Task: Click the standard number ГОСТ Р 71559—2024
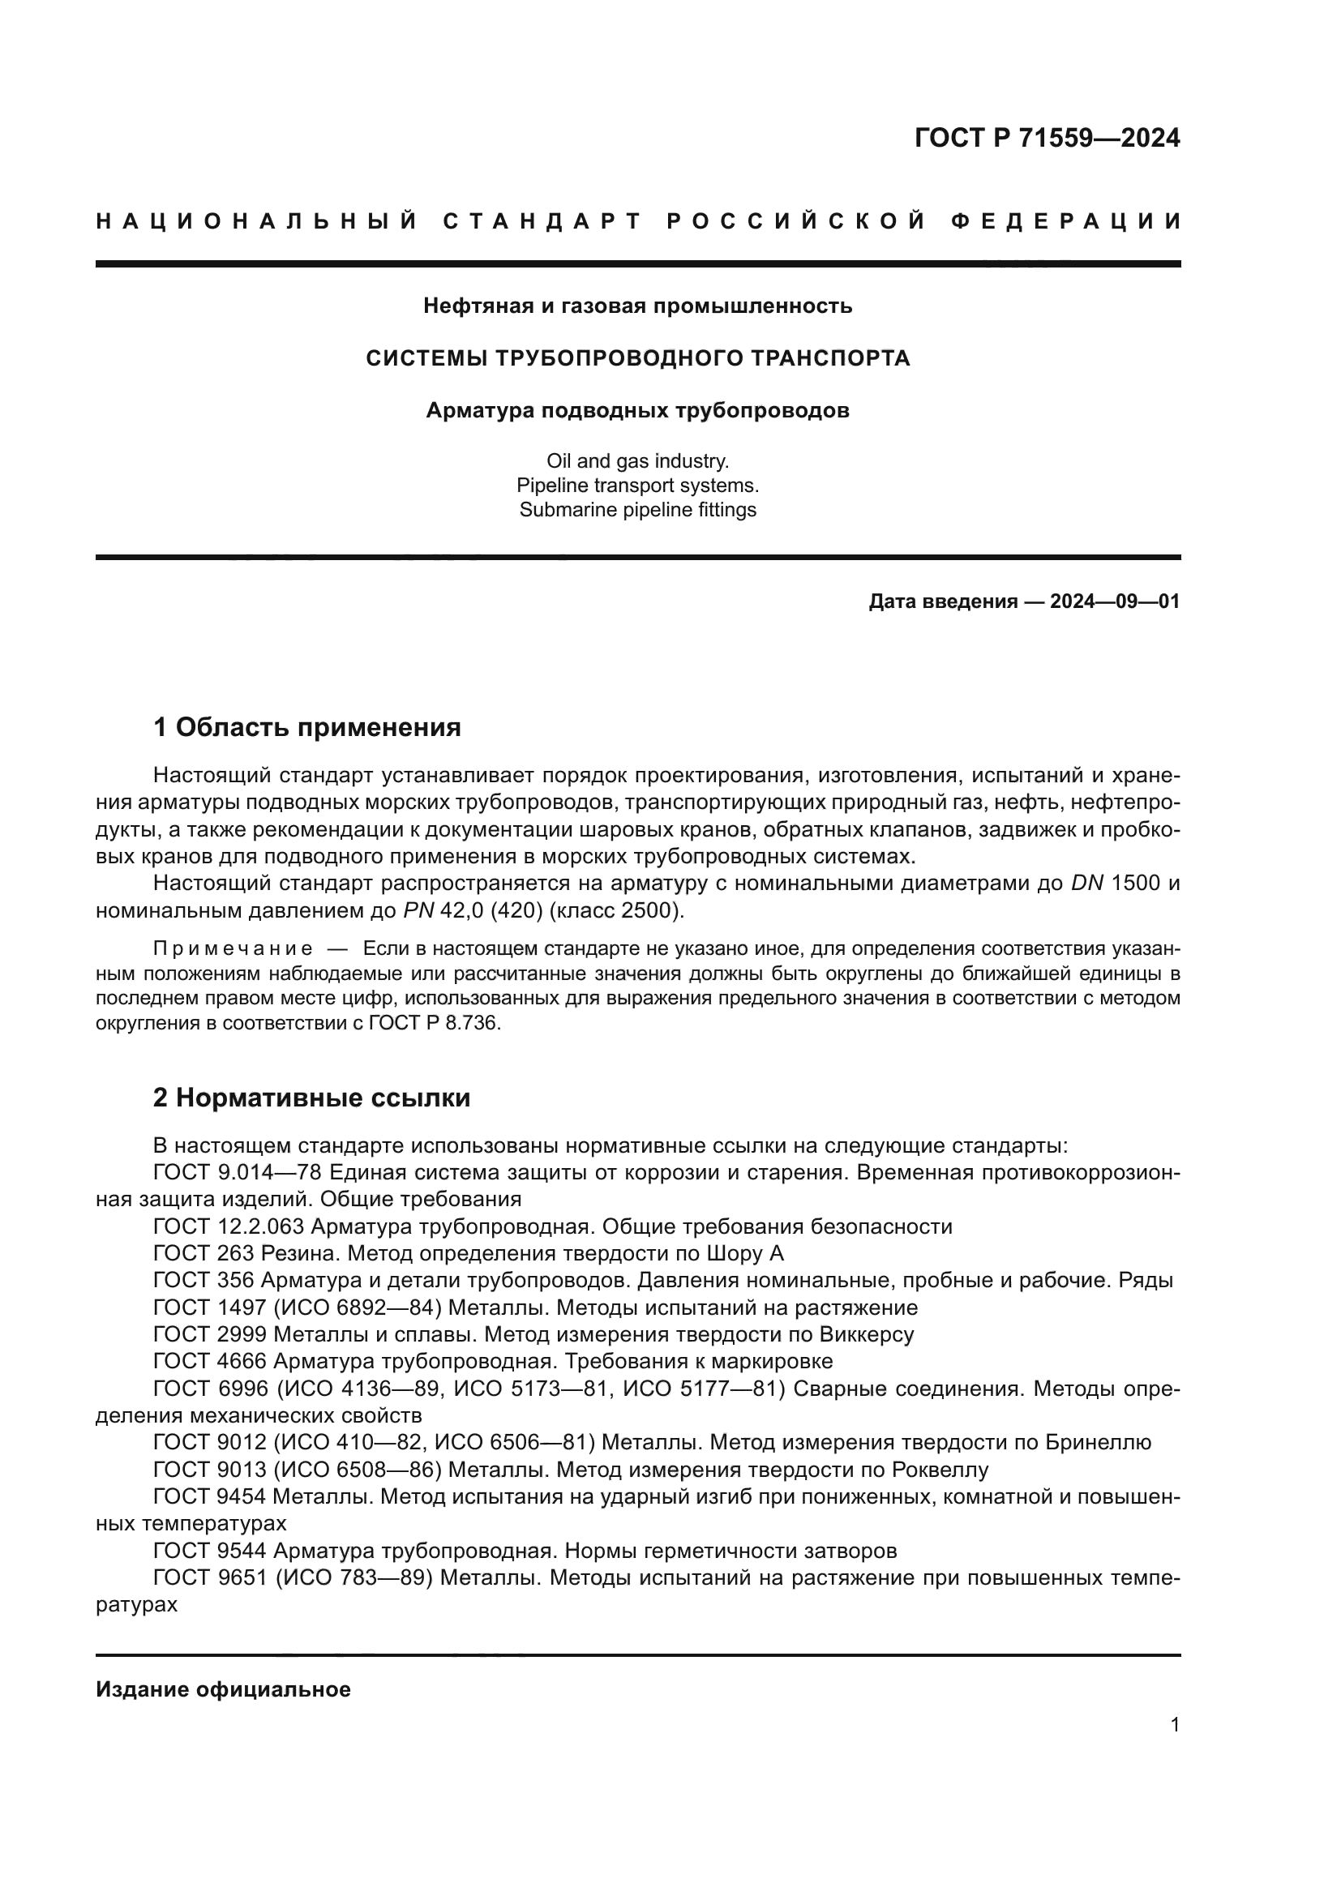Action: point(1046,138)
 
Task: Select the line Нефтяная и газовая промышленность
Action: point(637,306)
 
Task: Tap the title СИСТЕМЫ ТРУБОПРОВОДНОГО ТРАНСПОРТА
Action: point(637,358)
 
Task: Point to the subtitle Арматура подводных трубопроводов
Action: point(637,410)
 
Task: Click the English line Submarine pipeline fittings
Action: point(637,510)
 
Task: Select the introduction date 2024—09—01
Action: point(1114,601)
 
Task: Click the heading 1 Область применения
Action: point(307,727)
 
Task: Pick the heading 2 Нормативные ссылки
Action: point(312,1098)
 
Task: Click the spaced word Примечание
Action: point(233,948)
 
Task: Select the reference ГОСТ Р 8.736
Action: point(435,1023)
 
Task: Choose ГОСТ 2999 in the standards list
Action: point(210,1334)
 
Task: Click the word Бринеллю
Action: point(1098,1443)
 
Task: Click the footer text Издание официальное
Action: point(223,1689)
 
